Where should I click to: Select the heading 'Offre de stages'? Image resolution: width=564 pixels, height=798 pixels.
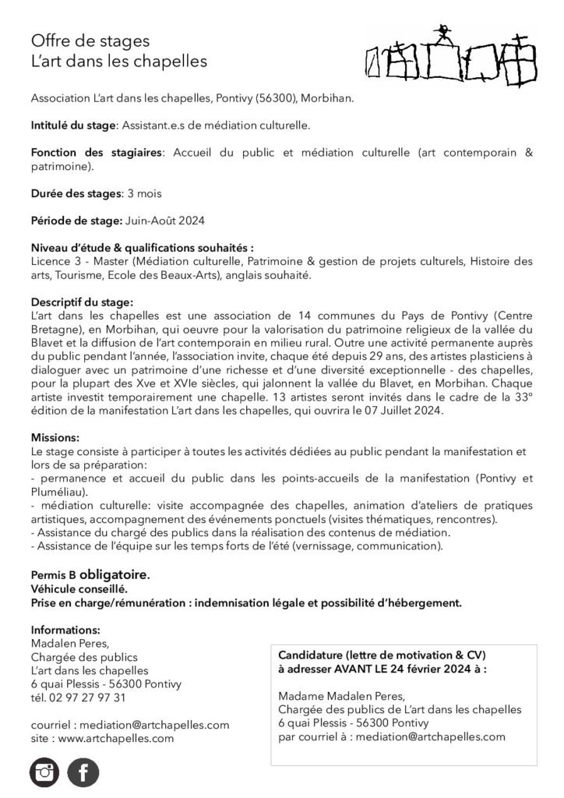click(x=90, y=41)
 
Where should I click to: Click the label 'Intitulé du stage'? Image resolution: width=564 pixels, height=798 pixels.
click(x=72, y=125)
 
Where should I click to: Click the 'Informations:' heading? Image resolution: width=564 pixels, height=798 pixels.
click(x=65, y=629)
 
